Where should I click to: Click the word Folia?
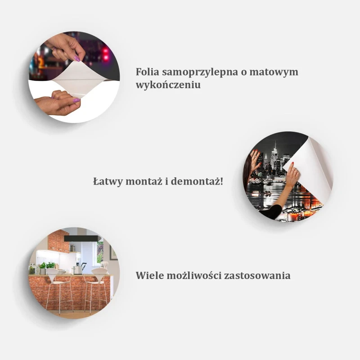148,72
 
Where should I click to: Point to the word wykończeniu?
168,85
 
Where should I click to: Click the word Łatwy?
108,181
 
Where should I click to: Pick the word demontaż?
197,181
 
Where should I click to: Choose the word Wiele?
149,275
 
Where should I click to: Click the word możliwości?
194,275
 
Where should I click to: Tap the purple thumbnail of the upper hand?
77,58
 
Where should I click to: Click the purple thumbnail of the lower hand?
76,100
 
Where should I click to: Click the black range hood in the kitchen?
81,238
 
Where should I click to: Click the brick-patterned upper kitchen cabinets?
59,241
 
